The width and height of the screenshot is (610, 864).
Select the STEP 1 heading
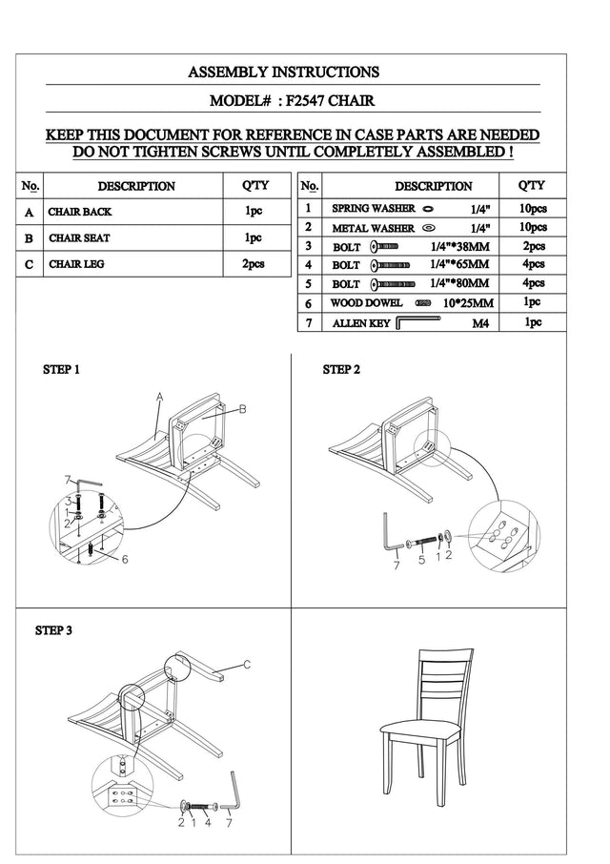pyautogui.click(x=62, y=369)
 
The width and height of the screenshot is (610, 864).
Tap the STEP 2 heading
pyautogui.click(x=342, y=369)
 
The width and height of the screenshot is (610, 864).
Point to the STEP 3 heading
pyautogui.click(x=54, y=630)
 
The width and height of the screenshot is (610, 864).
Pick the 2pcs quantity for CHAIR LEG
pyautogui.click(x=254, y=264)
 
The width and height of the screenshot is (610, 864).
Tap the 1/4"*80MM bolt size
pyautogui.click(x=459, y=283)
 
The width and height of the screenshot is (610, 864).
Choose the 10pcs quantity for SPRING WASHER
pyautogui.click(x=532, y=207)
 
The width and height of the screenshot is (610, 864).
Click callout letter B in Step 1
pyautogui.click(x=243, y=409)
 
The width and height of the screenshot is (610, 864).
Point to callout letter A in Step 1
pyautogui.click(x=160, y=397)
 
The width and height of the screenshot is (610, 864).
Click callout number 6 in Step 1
pyautogui.click(x=124, y=559)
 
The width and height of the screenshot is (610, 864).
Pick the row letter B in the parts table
pyautogui.click(x=30, y=237)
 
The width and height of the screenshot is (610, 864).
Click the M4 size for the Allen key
pyautogui.click(x=480, y=323)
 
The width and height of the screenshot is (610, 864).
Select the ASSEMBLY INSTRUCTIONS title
pyautogui.click(x=283, y=72)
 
